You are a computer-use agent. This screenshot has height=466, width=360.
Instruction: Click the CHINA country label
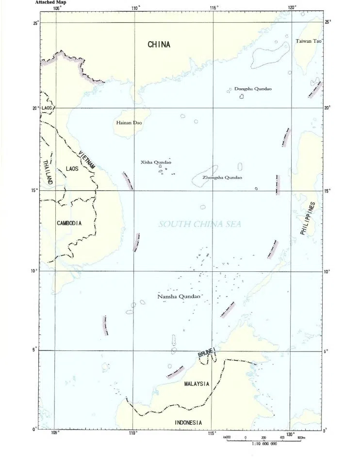pyautogui.click(x=159, y=45)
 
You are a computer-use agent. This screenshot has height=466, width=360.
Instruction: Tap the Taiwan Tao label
pyautogui.click(x=309, y=41)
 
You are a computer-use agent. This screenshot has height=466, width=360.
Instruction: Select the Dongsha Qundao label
pyautogui.click(x=253, y=89)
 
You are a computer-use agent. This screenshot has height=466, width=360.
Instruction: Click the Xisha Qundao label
pyautogui.click(x=156, y=162)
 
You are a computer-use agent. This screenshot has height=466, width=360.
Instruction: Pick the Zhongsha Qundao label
pyautogui.click(x=222, y=178)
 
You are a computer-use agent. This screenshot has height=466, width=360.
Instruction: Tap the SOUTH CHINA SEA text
pyautogui.click(x=199, y=224)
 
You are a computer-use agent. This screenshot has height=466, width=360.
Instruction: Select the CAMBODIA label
pyautogui.click(x=69, y=223)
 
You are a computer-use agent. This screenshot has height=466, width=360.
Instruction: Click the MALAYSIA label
pyautogui.click(x=196, y=383)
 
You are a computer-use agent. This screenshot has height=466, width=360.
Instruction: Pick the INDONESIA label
pyautogui.click(x=188, y=422)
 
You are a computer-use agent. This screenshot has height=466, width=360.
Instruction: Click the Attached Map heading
pyautogui.click(x=50, y=2)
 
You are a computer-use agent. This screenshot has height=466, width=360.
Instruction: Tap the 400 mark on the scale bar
pyautogui.click(x=282, y=438)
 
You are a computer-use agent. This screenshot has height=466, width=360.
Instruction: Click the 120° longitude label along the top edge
pyautogui.click(x=292, y=7)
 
